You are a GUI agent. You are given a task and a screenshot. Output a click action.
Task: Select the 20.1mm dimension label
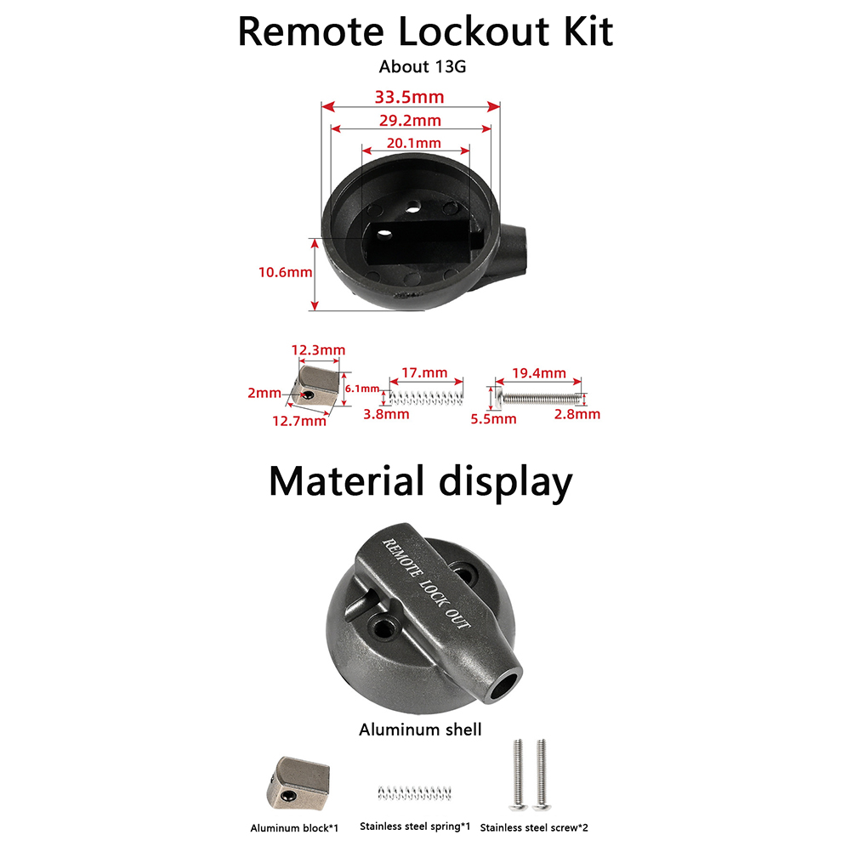tap(414, 142)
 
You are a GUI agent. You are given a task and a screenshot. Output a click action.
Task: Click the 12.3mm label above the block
tap(318, 349)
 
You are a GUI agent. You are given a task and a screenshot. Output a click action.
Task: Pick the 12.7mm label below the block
tap(298, 420)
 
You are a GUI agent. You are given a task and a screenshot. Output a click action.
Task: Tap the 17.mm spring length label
tap(423, 372)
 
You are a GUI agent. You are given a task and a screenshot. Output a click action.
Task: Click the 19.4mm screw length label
tap(539, 372)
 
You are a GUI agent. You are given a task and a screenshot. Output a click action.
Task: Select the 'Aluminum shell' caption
tap(420, 729)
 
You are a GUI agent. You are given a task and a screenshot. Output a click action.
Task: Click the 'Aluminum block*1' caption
tap(294, 827)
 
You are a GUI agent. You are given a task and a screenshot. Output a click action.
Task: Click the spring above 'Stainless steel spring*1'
tap(412, 792)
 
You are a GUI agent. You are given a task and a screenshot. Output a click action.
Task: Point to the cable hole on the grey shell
tap(508, 685)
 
